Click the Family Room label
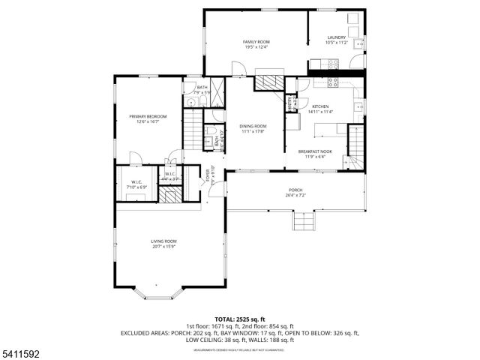(x=256, y=41)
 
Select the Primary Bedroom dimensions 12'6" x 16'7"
(x=147, y=121)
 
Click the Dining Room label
(x=253, y=126)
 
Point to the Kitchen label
(x=321, y=106)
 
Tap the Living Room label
(x=163, y=241)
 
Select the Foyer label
(x=208, y=176)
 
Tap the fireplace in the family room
(x=269, y=79)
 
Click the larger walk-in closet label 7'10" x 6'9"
(x=137, y=184)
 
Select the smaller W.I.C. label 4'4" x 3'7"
(x=170, y=177)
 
